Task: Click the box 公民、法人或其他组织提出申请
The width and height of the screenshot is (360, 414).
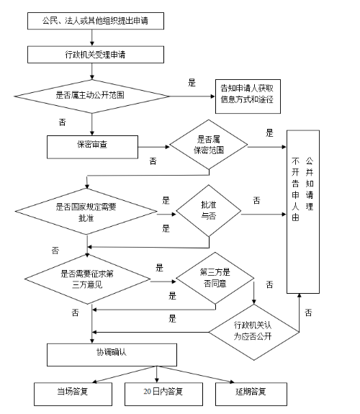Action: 96,21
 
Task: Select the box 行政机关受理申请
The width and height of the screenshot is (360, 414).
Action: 96,55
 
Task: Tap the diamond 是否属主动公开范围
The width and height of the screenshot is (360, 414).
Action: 92,96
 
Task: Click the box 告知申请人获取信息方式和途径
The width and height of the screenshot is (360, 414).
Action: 248,96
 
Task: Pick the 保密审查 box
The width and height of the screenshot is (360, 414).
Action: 92,147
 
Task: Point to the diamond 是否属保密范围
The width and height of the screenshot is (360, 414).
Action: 209,145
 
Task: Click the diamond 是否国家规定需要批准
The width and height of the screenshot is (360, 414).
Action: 86,212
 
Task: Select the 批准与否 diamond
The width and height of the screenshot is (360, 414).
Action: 209,211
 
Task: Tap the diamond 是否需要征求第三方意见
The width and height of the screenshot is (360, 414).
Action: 87,279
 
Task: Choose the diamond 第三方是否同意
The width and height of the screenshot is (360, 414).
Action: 215,278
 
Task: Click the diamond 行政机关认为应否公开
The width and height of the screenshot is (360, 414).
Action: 254,332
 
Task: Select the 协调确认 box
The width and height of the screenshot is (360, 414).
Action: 112,355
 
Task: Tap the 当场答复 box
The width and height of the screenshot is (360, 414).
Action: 73,394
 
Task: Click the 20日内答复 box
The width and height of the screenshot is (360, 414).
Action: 163,394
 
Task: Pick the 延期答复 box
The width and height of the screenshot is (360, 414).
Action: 251,394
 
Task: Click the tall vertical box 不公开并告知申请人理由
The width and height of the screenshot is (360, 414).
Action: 303,212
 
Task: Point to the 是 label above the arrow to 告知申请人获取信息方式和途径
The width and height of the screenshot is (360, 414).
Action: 192,83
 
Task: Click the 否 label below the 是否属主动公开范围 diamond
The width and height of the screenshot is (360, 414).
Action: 62,122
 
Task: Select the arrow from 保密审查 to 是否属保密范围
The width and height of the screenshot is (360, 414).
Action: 153,147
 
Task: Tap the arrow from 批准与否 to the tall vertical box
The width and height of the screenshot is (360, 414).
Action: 264,214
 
